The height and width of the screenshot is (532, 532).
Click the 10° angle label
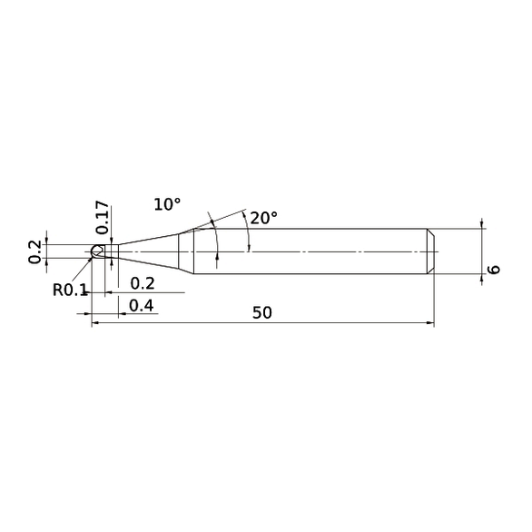pos(167,205)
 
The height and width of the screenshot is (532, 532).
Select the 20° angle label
pos(263,218)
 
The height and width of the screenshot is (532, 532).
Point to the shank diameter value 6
pos(494,270)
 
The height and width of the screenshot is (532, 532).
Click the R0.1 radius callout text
pos(69,291)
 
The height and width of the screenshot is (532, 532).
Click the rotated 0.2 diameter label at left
pos(35,251)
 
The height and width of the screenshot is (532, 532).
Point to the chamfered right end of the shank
pos(431,251)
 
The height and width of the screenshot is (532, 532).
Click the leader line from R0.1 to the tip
pos(86,269)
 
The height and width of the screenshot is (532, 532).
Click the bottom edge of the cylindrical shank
pos(309,272)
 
